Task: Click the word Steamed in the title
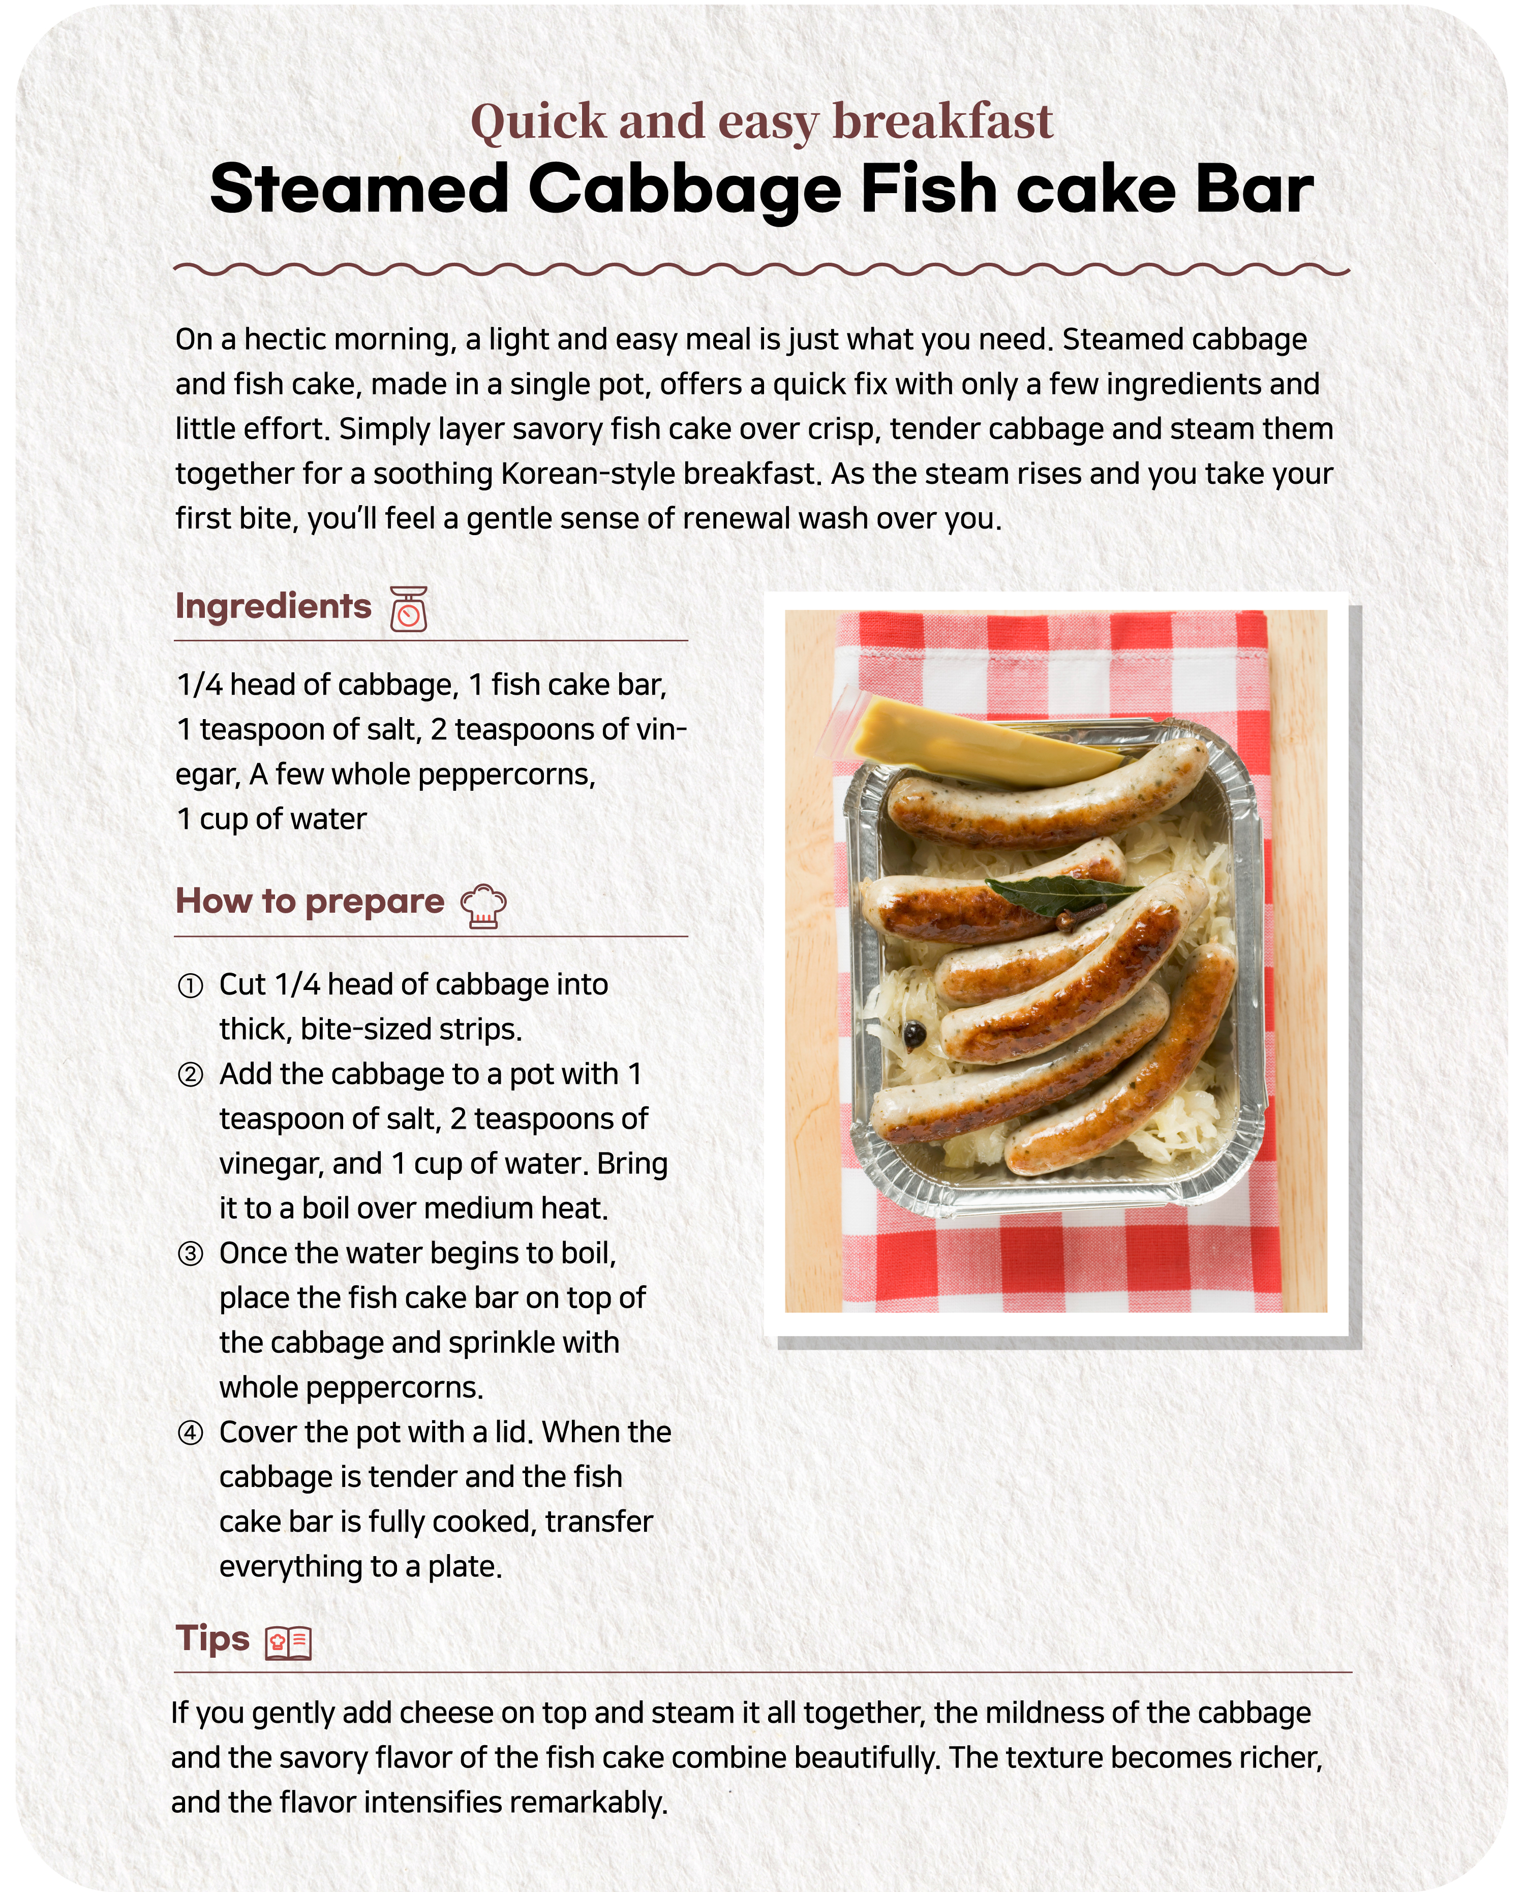[359, 190]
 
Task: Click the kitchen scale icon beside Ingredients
[408, 609]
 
